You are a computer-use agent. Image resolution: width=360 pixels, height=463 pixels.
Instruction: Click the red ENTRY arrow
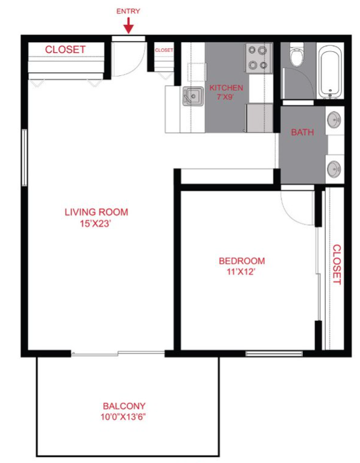coord(128,25)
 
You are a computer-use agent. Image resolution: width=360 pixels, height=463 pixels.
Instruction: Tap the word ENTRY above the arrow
coord(128,11)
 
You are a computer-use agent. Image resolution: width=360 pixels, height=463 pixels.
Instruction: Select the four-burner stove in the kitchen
coord(258,58)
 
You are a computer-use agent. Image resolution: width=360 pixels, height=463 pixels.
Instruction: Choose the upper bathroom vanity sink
coord(334,121)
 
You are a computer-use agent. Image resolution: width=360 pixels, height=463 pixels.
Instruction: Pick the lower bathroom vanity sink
coord(334,168)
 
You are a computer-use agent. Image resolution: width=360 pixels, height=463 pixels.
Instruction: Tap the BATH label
coord(302,132)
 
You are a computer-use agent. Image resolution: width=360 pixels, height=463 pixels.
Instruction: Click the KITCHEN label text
coord(226,88)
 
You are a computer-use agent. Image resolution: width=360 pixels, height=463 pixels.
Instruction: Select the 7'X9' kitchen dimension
coord(226,97)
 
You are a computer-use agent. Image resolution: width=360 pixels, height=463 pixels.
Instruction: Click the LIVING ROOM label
coord(96,212)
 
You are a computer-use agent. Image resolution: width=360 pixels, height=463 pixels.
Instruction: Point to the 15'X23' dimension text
coord(96,223)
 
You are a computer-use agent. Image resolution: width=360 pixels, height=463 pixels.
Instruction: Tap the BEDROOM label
coord(241,261)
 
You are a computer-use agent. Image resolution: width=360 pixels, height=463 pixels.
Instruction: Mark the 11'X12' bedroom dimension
coord(241,272)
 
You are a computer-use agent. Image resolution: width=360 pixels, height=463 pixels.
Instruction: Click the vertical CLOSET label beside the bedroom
coord(337,264)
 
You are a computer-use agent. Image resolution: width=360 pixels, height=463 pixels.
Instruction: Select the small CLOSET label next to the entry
coord(164,51)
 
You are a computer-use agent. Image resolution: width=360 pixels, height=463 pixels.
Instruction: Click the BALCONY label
coord(123,406)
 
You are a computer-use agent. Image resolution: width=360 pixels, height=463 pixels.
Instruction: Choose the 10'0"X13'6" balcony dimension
coord(123,416)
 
